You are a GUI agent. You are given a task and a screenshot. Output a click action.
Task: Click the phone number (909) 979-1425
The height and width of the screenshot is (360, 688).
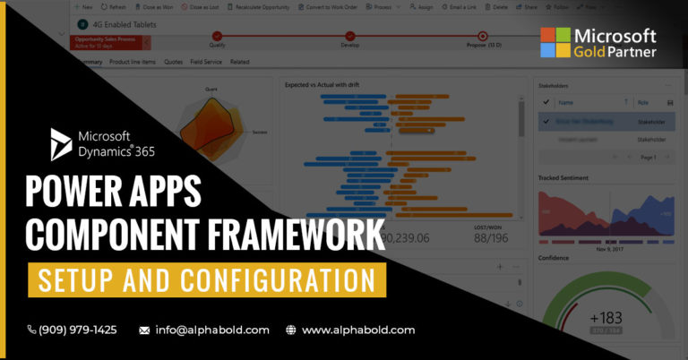pos(77,330)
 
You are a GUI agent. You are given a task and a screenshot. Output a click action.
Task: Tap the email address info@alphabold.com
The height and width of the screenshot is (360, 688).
pos(211,330)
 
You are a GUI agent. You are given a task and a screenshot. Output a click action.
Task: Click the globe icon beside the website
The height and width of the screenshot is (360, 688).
pos(290,330)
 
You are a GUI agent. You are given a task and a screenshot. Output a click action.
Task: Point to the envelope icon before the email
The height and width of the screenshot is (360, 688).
pos(144,330)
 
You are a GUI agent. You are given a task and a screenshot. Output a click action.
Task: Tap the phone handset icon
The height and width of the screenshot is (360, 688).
pos(32,330)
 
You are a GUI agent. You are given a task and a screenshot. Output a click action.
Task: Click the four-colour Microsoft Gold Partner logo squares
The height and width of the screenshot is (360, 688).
pos(555,43)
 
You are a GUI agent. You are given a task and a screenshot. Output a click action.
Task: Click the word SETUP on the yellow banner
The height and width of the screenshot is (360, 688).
pos(82,279)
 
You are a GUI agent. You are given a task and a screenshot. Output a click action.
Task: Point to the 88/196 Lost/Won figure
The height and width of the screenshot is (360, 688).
pos(492,238)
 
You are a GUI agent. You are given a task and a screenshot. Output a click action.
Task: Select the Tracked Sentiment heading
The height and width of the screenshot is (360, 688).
pos(563,178)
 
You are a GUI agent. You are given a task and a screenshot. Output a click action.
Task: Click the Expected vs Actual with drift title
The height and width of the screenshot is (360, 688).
pos(322,84)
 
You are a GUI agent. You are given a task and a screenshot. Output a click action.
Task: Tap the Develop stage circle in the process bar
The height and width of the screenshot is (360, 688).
pos(349,37)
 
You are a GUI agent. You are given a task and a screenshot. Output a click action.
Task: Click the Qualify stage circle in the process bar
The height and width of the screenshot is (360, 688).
pos(217,37)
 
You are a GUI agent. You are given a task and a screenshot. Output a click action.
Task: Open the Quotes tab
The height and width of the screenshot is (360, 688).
pos(174,62)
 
